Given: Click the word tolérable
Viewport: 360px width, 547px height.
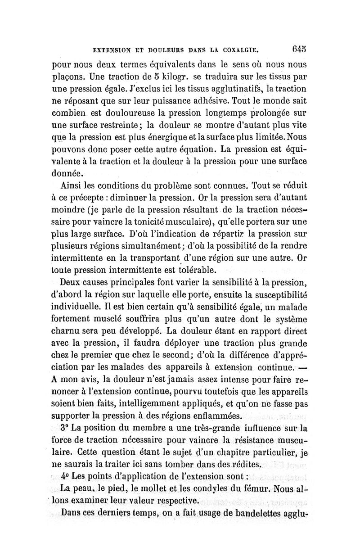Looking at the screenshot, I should click(184, 271).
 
